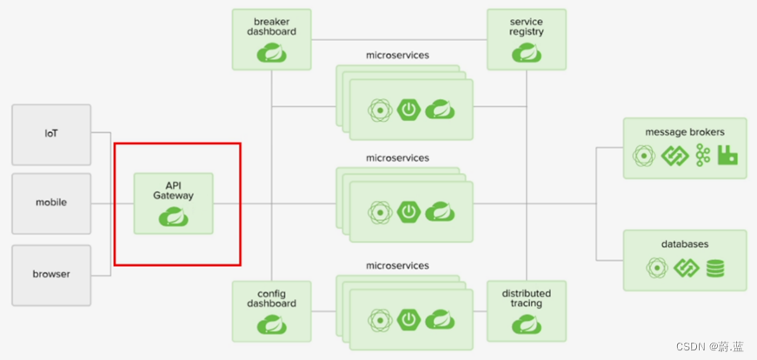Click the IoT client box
point(51,135)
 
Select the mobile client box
point(51,203)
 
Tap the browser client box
point(51,274)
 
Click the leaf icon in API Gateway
point(174,217)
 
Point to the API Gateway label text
point(174,190)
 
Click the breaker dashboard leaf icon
point(272,54)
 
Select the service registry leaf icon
point(527,54)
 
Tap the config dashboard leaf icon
point(272,325)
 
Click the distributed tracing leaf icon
point(527,325)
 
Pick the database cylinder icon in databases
point(715,269)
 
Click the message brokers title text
point(684,132)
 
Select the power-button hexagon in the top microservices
point(408,110)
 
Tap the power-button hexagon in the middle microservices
point(408,211)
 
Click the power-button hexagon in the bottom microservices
point(408,319)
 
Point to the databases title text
point(684,244)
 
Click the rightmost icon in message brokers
point(728,157)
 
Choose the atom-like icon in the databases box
point(656,269)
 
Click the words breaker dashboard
point(272,26)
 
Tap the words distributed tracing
point(527,298)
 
